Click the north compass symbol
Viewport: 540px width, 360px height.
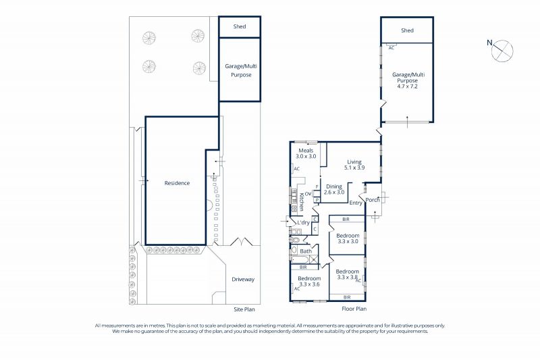point(502,51)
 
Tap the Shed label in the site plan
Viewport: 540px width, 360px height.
point(240,26)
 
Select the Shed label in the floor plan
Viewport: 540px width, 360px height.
point(407,30)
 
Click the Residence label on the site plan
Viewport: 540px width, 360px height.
point(177,183)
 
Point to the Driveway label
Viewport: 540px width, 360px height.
point(243,280)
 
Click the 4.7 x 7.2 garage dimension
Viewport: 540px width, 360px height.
point(408,86)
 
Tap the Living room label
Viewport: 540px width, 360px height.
point(354,162)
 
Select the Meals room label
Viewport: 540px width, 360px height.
point(306,151)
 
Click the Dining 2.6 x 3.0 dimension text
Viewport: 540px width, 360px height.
point(334,192)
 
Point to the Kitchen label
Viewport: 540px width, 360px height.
point(301,201)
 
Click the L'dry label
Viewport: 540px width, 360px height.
point(303,222)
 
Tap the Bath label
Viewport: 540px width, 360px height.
point(306,251)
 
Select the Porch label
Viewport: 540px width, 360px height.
point(373,200)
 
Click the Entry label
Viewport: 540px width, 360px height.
point(356,203)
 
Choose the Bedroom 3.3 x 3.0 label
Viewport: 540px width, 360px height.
point(348,238)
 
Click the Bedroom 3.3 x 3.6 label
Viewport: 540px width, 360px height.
point(309,282)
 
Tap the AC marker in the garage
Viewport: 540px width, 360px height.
point(391,48)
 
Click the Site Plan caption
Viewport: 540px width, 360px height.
point(244,309)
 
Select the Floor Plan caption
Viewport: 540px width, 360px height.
point(354,309)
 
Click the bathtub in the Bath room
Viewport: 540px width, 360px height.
point(304,259)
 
